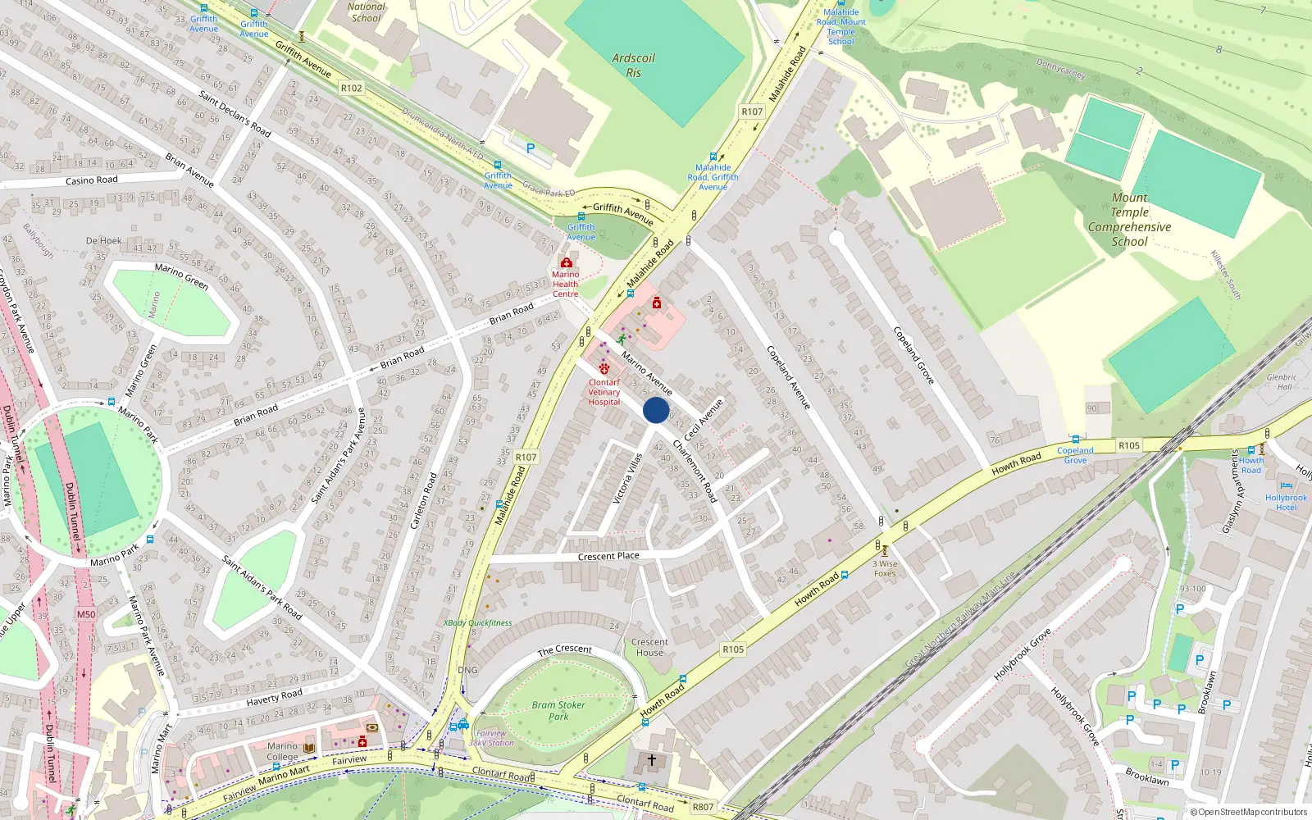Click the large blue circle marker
click(656, 410)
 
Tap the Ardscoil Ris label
click(633, 66)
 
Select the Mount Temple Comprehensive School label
click(1129, 220)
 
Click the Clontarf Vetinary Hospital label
click(604, 392)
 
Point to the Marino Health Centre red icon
click(566, 263)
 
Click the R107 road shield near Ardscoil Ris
click(752, 112)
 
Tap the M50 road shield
click(86, 614)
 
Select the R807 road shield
click(703, 807)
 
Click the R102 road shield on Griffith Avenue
click(351, 88)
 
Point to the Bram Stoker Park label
click(558, 710)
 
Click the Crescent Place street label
click(608, 556)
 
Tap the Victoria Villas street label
click(627, 479)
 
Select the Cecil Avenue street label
click(704, 418)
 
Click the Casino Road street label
click(92, 180)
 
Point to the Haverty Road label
click(274, 697)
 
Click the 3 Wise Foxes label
click(885, 568)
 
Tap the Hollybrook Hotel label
click(1286, 502)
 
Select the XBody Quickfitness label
click(477, 622)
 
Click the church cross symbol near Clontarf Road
click(652, 760)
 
